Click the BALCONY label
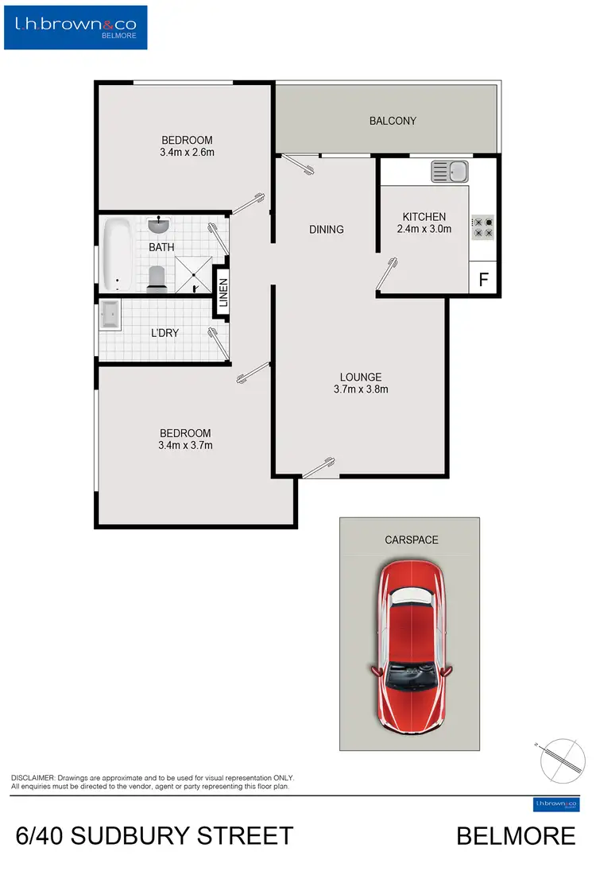(x=393, y=121)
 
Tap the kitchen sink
(x=450, y=170)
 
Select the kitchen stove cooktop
(x=483, y=228)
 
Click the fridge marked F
(x=483, y=281)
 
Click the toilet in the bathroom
(x=157, y=278)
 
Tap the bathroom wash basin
(x=159, y=226)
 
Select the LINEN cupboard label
(x=223, y=292)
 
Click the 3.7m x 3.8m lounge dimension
(x=361, y=389)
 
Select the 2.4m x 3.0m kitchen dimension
(x=424, y=229)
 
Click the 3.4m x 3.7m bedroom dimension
(x=186, y=445)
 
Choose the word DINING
(x=326, y=230)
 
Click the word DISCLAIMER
(x=32, y=777)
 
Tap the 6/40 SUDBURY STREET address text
(x=155, y=836)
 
